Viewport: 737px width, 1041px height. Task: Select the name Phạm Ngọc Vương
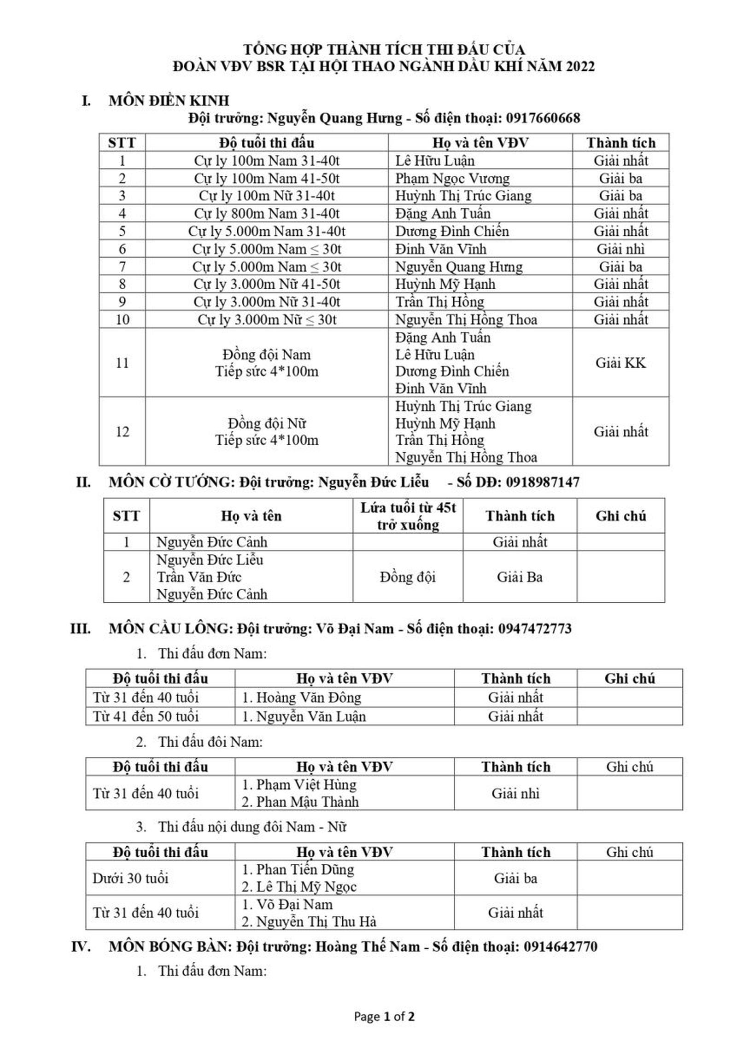452,178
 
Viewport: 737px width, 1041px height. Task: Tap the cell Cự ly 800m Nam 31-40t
266,213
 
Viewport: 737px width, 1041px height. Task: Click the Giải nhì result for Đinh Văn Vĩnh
620,249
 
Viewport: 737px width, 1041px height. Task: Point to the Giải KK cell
620,363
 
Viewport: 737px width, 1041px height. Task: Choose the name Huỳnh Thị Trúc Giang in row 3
463,196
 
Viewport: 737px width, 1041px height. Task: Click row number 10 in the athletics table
122,320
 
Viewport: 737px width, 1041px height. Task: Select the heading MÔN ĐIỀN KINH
169,100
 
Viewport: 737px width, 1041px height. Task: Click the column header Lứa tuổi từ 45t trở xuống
408,516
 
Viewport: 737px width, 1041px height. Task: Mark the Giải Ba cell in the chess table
519,577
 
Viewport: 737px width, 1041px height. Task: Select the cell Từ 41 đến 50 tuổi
146,716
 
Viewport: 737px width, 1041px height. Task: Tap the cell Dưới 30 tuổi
130,878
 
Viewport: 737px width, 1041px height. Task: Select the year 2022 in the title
580,66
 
